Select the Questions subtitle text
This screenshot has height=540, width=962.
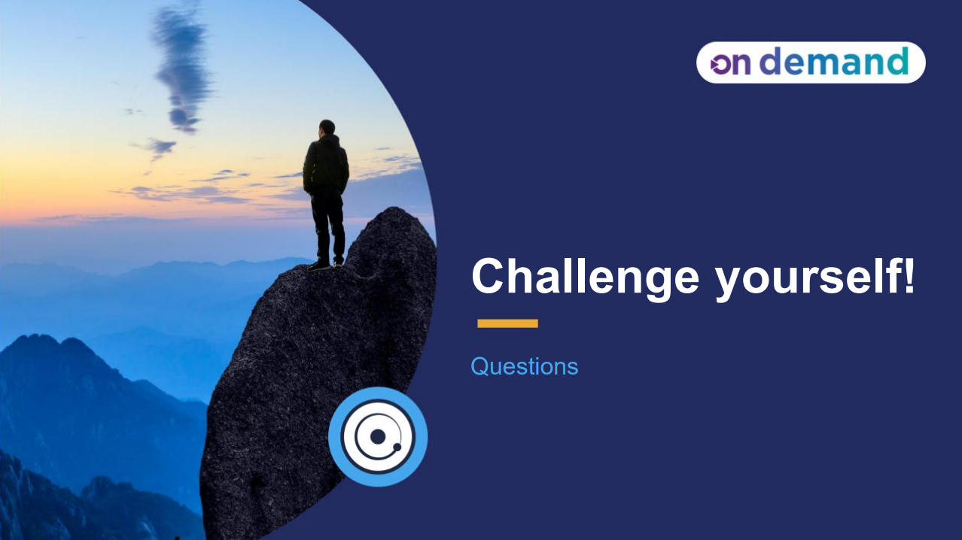524,366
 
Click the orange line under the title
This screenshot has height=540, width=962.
507,323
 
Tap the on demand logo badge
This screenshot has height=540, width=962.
810,62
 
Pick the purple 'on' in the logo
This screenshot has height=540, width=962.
731,64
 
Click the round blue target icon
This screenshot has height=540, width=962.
378,437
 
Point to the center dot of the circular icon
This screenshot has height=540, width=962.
378,437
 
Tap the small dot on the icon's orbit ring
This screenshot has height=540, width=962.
397,447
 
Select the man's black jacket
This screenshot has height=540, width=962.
326,165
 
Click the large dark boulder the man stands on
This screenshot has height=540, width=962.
316,376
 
